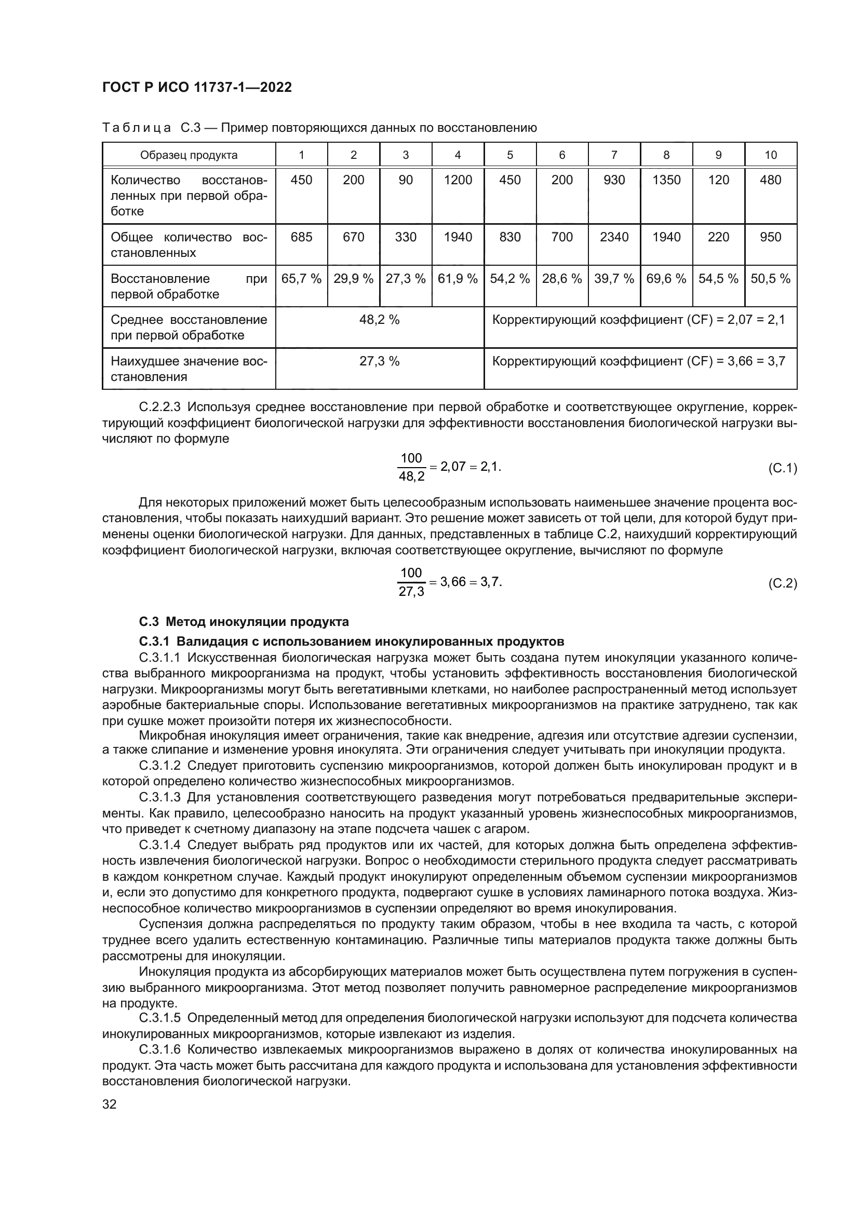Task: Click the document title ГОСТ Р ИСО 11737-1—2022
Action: click(196, 87)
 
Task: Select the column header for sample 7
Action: click(613, 155)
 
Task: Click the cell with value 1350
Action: click(666, 180)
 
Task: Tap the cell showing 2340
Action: click(613, 237)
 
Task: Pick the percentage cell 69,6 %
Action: click(666, 279)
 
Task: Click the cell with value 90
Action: click(405, 180)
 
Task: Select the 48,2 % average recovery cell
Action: click(379, 320)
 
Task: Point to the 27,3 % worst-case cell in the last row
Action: click(379, 362)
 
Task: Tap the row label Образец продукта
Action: click(189, 155)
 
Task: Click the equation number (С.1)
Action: click(782, 468)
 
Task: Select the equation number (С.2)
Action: click(782, 583)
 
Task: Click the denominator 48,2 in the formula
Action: click(411, 477)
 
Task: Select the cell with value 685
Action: click(301, 237)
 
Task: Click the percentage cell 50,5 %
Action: click(770, 279)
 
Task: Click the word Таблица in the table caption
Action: click(136, 128)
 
